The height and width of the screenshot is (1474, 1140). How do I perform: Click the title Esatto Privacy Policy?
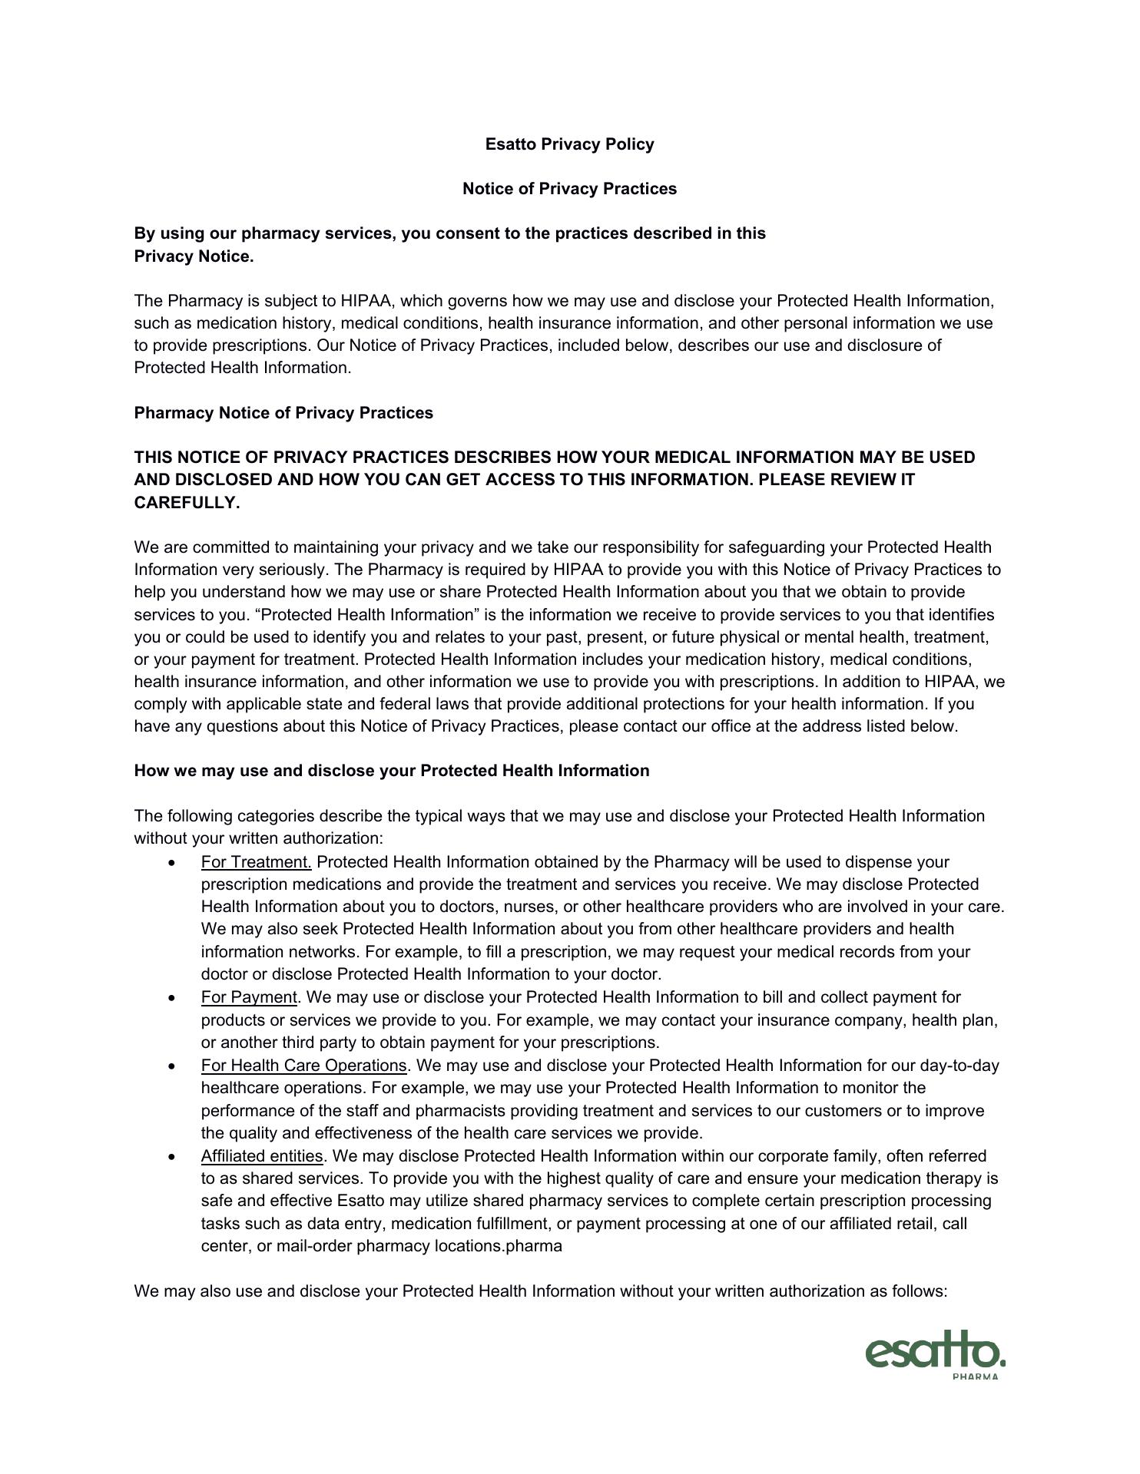tap(569, 144)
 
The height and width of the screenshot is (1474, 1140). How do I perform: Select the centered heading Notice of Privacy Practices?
tap(569, 189)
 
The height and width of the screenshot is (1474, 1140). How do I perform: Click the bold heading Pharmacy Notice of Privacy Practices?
tap(283, 413)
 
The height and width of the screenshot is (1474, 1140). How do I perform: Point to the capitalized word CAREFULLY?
tap(187, 503)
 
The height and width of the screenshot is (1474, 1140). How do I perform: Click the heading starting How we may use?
tap(392, 771)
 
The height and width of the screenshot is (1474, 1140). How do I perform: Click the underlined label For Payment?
tap(249, 997)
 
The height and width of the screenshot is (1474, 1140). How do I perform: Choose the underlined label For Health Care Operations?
tap(303, 1066)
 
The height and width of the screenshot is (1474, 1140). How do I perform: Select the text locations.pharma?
tap(499, 1246)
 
